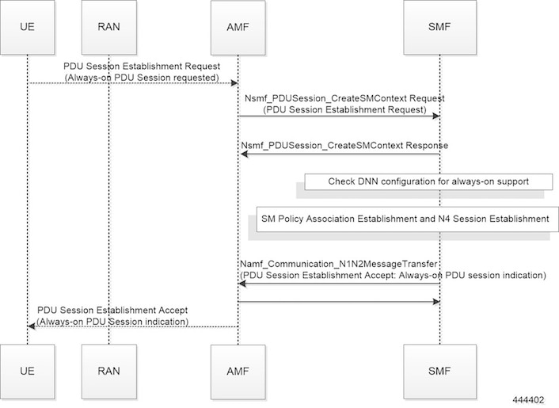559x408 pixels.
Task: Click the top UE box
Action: pos(28,27)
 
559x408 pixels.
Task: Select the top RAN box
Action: pos(109,27)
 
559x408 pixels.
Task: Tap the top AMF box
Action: pos(238,28)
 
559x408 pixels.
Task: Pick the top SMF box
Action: pos(439,27)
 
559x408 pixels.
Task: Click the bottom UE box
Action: pos(28,372)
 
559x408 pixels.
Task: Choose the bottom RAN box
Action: pos(109,372)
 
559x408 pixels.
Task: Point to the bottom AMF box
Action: pos(238,372)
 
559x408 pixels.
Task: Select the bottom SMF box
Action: pos(439,372)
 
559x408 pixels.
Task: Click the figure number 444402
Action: pos(528,400)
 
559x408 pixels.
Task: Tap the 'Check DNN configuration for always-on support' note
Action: pos(428,181)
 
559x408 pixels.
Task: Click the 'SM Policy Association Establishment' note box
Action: pos(407,219)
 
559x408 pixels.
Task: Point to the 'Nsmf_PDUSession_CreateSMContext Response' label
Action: pos(344,146)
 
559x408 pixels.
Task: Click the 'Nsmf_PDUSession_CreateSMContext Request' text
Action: pos(344,98)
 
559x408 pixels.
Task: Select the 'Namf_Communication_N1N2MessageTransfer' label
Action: pos(338,264)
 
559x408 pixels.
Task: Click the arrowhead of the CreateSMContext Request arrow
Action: pos(436,116)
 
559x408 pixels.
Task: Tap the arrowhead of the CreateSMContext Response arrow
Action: pos(244,154)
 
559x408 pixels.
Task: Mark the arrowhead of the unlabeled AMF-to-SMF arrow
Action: pos(436,302)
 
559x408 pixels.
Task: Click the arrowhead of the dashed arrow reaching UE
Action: pos(32,326)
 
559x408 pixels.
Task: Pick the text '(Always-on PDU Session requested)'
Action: pos(142,78)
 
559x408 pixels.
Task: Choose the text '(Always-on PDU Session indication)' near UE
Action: pos(112,322)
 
